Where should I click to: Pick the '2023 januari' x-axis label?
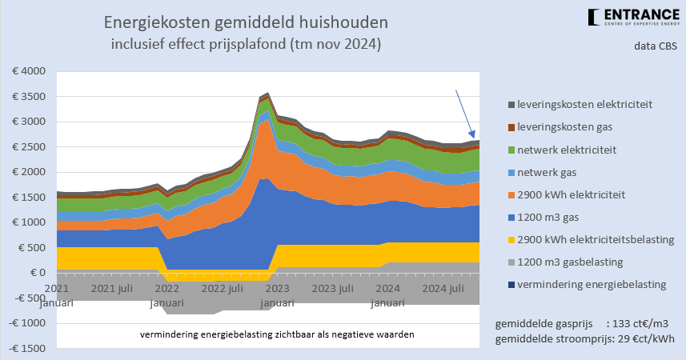click(x=277, y=295)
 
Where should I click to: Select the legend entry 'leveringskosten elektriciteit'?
click(x=584, y=105)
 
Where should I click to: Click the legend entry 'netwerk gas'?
click(x=547, y=172)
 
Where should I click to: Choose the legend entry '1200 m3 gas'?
click(x=549, y=217)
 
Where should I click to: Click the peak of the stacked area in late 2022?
click(x=267, y=93)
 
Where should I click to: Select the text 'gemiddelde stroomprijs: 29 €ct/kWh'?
click(x=585, y=339)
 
